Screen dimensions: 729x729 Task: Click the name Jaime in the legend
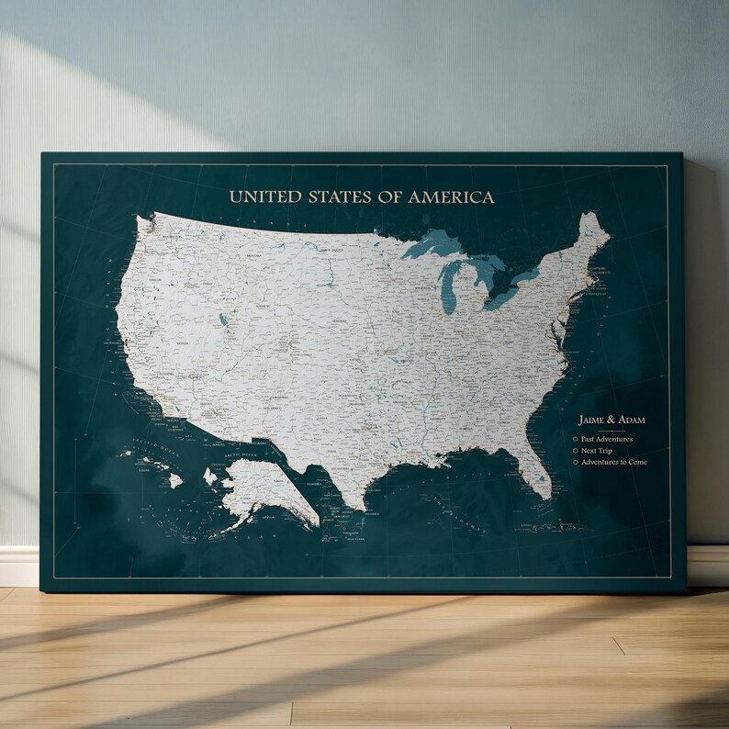click(x=594, y=420)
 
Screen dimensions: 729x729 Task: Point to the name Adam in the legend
click(x=633, y=420)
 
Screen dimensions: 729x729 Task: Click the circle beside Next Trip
click(x=575, y=451)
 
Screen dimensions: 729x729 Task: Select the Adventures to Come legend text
click(x=613, y=462)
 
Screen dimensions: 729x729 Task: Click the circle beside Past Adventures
click(x=575, y=439)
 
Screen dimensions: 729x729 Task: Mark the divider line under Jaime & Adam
click(x=611, y=430)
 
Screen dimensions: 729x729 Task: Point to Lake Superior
click(x=432, y=245)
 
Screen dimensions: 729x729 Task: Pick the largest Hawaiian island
click(x=175, y=480)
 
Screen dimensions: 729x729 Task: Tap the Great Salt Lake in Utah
click(x=223, y=320)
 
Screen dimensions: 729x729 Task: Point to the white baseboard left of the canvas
click(x=19, y=566)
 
